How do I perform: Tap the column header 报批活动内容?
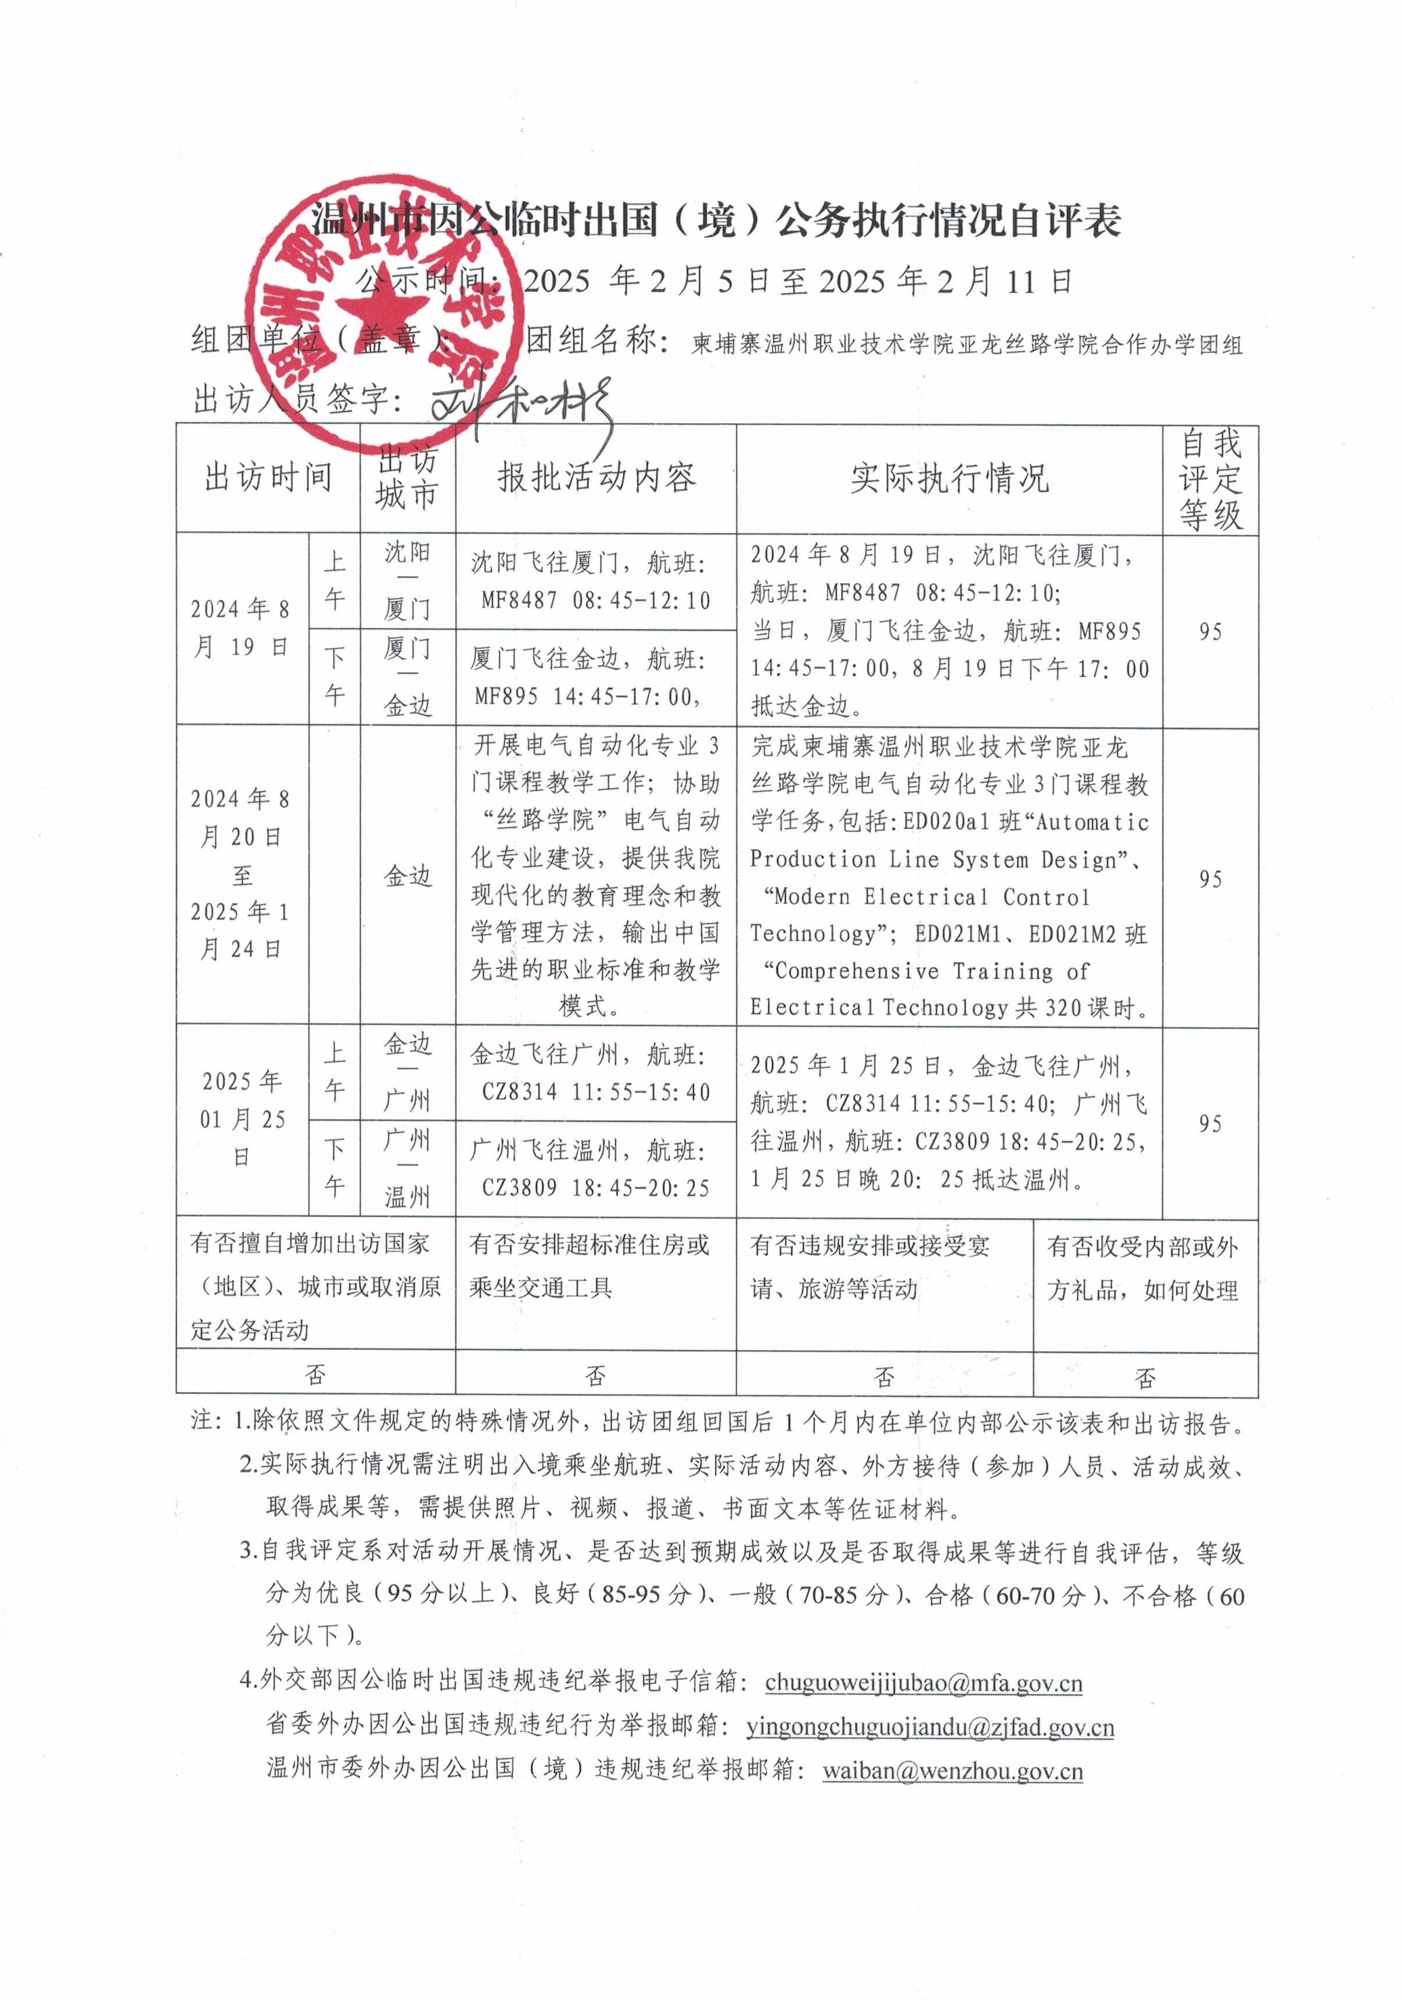click(x=596, y=477)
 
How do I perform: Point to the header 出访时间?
click(x=268, y=477)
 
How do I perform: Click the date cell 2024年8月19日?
click(x=242, y=627)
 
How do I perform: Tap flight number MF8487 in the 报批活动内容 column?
click(x=519, y=600)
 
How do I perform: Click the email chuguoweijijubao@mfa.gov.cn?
click(x=923, y=1682)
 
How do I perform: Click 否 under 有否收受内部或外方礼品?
click(x=1144, y=1377)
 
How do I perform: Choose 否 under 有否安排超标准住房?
click(x=595, y=1376)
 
